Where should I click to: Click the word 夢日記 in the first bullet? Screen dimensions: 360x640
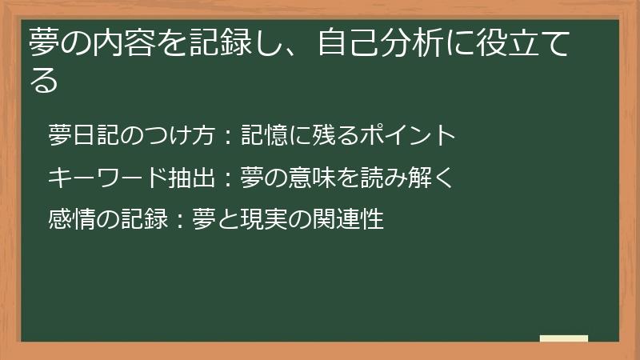coord(83,136)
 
